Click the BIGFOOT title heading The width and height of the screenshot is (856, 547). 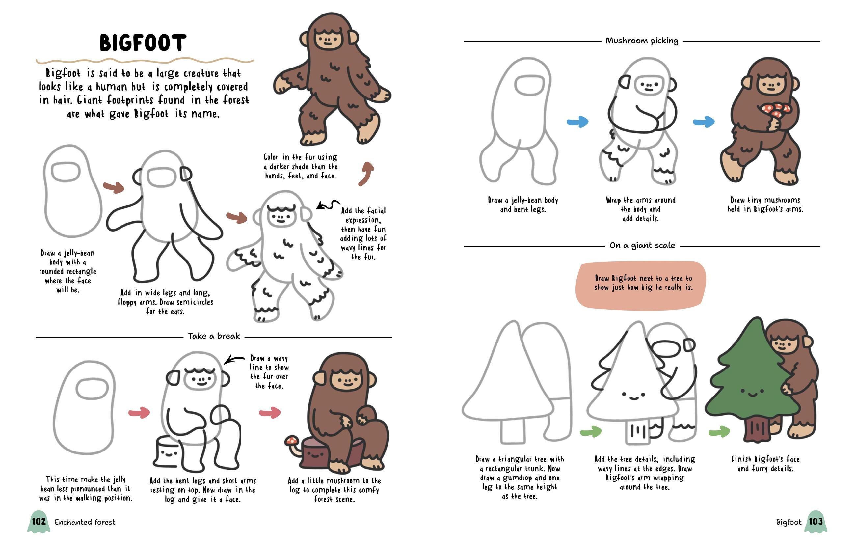143,43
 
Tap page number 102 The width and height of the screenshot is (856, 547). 39,521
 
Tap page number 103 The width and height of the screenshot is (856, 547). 816,521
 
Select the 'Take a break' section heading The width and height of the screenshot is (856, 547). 214,336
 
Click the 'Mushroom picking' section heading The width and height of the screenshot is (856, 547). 642,41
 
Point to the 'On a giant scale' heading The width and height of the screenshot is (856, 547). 642,245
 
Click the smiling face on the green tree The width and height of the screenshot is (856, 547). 752,392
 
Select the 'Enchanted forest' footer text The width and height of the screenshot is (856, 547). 85,522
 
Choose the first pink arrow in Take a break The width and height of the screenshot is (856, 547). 139,413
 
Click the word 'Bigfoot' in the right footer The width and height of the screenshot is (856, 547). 789,522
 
